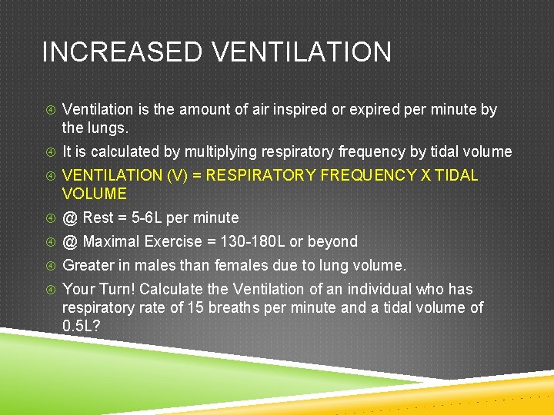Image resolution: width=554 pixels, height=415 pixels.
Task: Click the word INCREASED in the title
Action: click(122, 53)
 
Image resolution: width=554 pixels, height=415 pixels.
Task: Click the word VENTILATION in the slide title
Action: click(301, 53)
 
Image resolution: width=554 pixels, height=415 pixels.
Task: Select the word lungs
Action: click(108, 127)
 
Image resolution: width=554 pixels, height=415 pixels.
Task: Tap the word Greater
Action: click(87, 266)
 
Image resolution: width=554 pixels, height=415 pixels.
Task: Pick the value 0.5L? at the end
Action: click(81, 327)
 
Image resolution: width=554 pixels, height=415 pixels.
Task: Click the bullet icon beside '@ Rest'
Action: click(49, 218)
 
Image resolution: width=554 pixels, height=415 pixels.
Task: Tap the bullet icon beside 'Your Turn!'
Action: click(49, 290)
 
